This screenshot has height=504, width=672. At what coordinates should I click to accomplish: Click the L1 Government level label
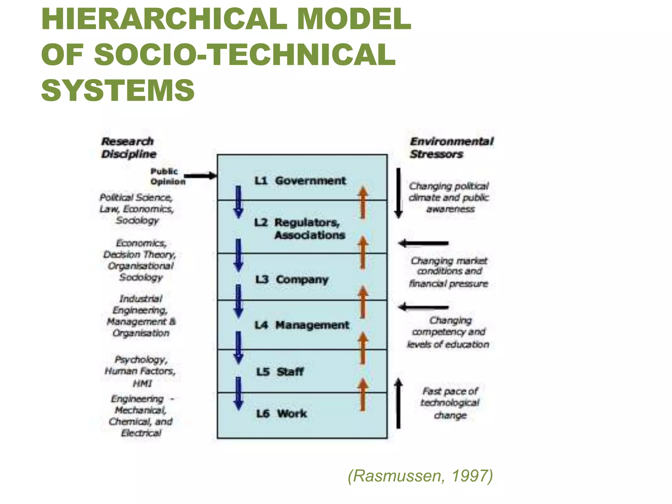click(x=300, y=180)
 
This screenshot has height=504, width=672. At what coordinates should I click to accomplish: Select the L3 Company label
click(x=292, y=280)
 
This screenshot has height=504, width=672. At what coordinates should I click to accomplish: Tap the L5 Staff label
click(x=280, y=372)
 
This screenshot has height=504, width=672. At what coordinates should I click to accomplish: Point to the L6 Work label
click(x=282, y=413)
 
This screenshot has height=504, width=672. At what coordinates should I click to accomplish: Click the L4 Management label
click(x=302, y=325)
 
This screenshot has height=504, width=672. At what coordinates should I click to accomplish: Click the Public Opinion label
click(x=167, y=176)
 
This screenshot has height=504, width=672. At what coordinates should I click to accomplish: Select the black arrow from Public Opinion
click(x=200, y=176)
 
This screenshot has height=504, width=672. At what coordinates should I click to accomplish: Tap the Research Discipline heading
click(x=128, y=148)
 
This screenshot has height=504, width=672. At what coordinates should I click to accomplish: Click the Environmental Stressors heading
click(x=451, y=148)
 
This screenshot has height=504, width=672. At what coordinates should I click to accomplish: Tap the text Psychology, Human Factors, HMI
click(x=140, y=371)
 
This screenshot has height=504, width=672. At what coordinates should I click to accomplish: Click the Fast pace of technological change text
click(x=450, y=403)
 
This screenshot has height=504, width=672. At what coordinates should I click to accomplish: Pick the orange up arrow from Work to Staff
click(x=363, y=394)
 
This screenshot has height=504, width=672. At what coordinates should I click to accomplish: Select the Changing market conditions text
click(x=449, y=272)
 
